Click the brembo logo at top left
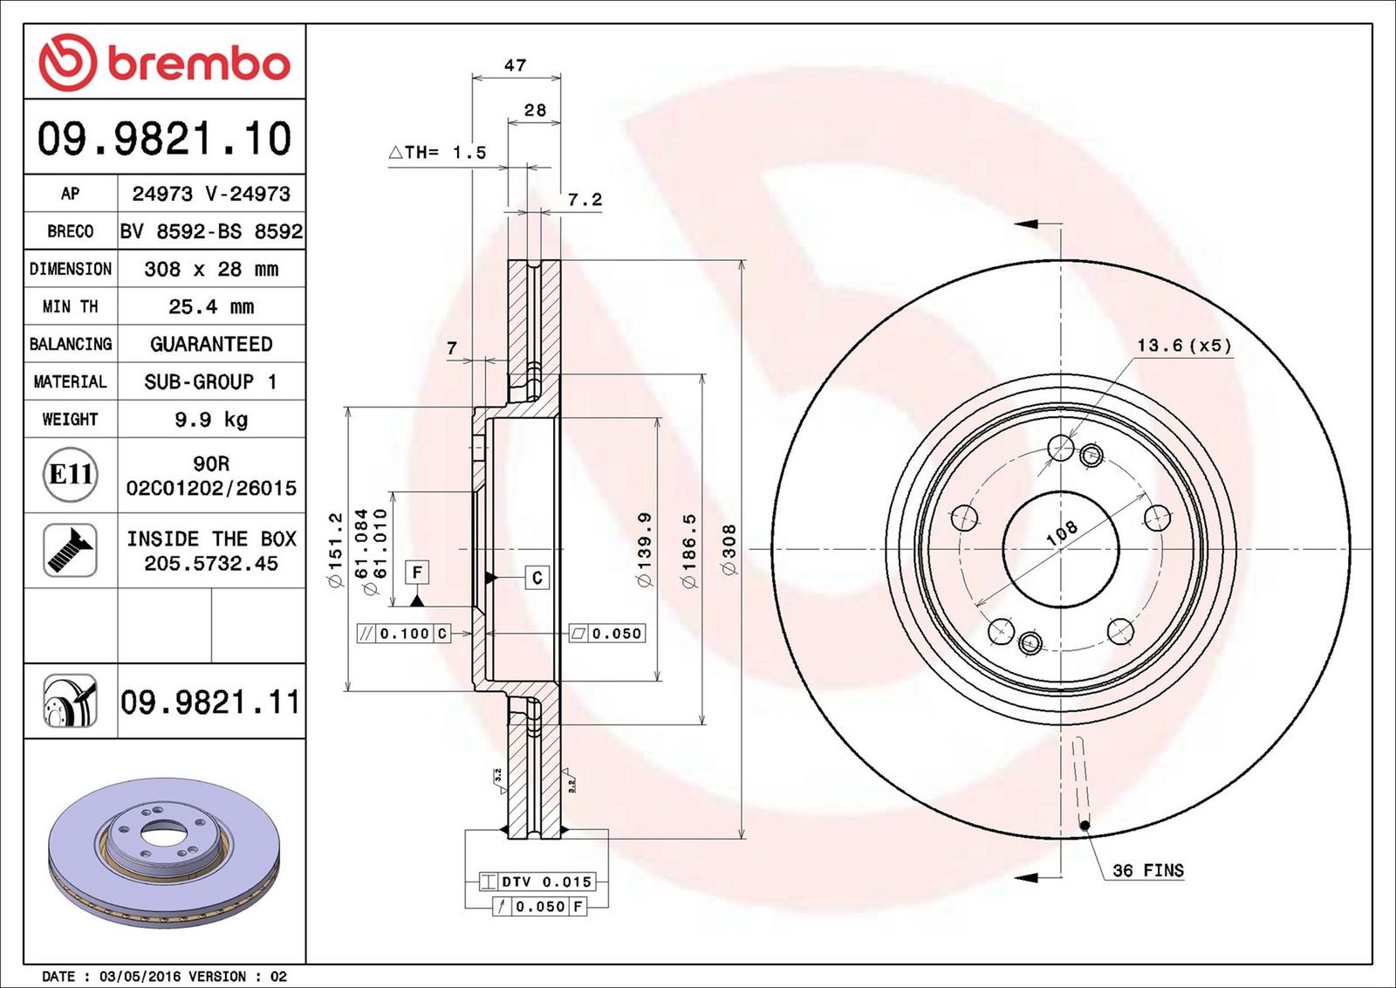point(165,62)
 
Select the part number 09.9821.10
point(165,138)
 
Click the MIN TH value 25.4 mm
point(211,306)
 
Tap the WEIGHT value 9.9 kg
point(211,420)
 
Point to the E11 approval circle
point(71,475)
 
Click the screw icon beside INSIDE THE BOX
point(71,550)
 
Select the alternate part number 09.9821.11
point(210,702)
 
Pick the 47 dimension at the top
point(516,65)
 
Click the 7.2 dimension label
point(585,200)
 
